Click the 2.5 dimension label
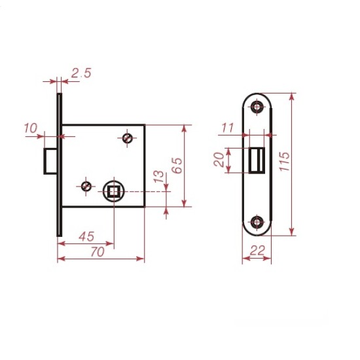[81, 73]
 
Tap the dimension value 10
[31, 128]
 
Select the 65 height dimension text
[177, 166]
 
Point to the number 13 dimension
[159, 177]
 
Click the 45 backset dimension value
[87, 236]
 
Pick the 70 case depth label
[98, 252]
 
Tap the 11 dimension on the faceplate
[228, 128]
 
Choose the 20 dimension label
[219, 160]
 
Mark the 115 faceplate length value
[285, 162]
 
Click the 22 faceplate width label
[257, 251]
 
